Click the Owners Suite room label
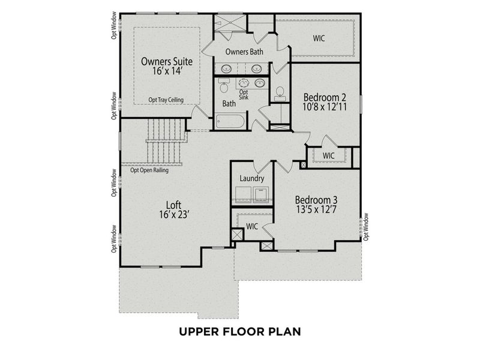166,61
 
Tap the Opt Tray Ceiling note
166,100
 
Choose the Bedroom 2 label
325,97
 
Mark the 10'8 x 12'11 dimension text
325,108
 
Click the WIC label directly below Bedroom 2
328,155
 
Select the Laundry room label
251,178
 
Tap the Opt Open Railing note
149,170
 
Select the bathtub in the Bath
230,122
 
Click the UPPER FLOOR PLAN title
240,331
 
